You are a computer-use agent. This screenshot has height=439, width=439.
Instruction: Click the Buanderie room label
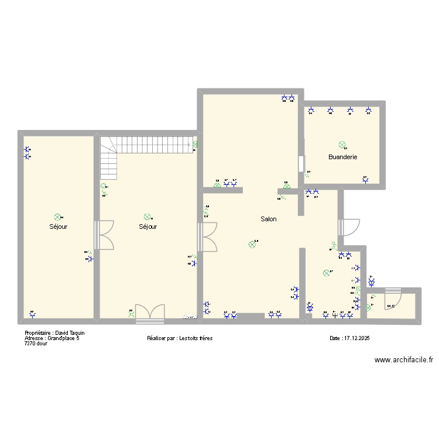pyautogui.click(x=342, y=157)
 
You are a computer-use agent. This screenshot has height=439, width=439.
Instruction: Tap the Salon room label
pyautogui.click(x=269, y=219)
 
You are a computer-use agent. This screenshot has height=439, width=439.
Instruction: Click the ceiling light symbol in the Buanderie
pyautogui.click(x=342, y=144)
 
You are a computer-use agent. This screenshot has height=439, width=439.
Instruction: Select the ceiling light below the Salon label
pyautogui.click(x=252, y=245)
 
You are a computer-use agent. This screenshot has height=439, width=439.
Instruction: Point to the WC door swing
pyautogui.click(x=390, y=300)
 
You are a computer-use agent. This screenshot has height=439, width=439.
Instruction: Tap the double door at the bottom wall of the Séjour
pyautogui.click(x=149, y=314)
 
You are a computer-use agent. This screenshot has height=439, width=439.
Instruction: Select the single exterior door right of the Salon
pyautogui.click(x=349, y=228)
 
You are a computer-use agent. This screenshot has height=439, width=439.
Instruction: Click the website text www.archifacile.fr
pyautogui.click(x=404, y=361)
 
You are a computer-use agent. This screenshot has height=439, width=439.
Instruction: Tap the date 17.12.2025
pyautogui.click(x=357, y=338)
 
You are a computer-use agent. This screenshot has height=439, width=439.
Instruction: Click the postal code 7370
pyautogui.click(x=30, y=344)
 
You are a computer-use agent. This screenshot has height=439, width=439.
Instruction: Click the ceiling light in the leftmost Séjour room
pyautogui.click(x=57, y=217)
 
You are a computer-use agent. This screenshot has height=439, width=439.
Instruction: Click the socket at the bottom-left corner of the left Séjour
pyautogui.click(x=32, y=315)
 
